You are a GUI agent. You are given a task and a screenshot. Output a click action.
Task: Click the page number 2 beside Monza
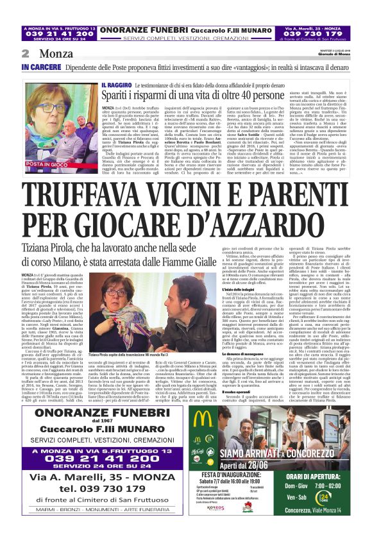25,53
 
